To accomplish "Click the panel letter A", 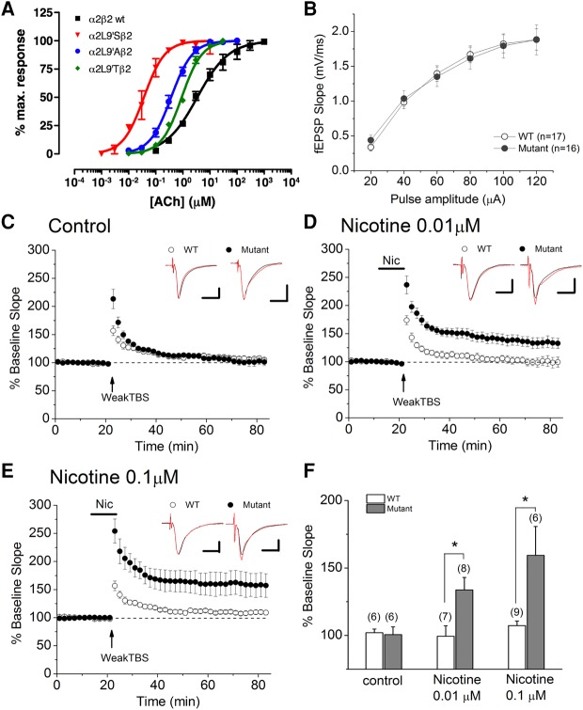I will click(x=11, y=10).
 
